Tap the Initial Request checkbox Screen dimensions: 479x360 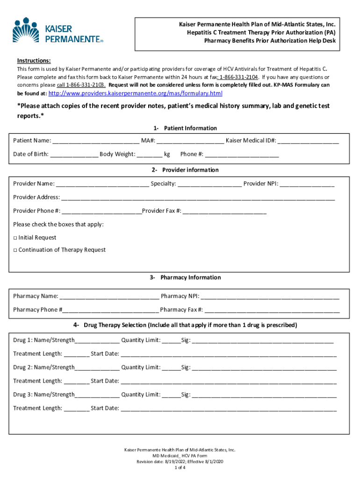click(x=15, y=238)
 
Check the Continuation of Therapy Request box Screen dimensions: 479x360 click(x=15, y=250)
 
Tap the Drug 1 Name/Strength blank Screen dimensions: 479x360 click(x=97, y=341)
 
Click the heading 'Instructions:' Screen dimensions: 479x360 click(x=34, y=61)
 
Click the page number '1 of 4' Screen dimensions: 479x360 click(x=180, y=467)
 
